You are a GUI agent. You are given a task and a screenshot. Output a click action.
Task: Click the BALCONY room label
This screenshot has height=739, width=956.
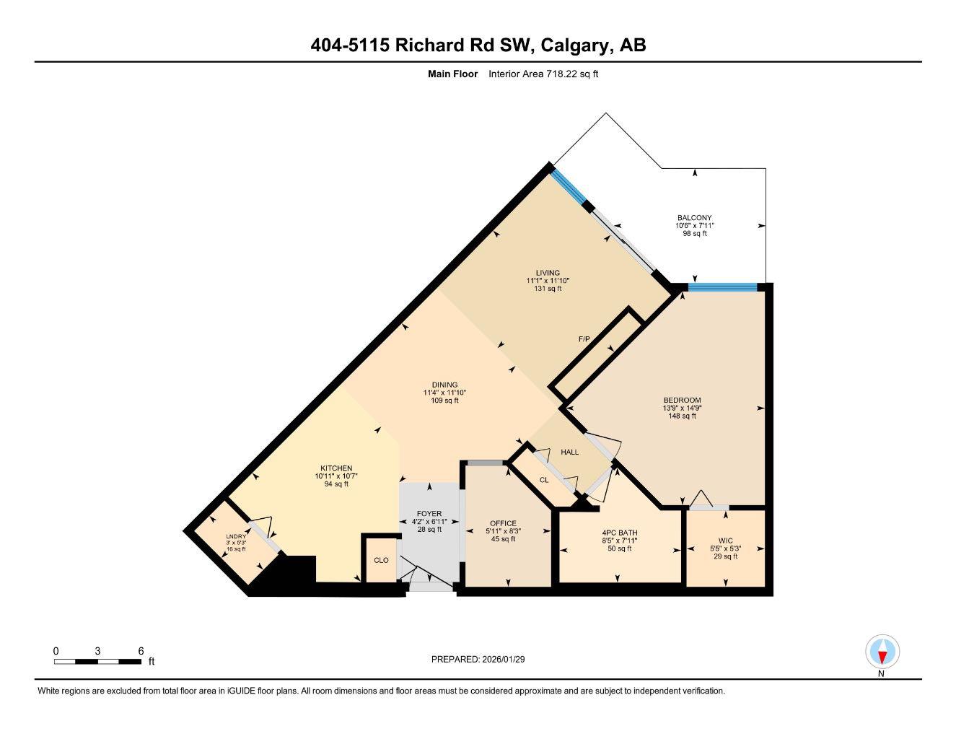pos(694,218)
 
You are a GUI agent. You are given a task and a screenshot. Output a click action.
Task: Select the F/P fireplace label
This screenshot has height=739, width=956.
pos(584,338)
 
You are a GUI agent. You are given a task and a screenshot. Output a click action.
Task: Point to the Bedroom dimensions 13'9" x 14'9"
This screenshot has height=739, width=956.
pos(682,408)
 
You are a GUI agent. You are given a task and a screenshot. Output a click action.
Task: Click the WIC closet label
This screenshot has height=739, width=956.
pos(725,540)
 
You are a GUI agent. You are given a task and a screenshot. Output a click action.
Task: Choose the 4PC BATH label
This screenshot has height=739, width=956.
pos(620,533)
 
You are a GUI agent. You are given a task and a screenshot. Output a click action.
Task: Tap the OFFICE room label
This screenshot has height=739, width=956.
pos(503,523)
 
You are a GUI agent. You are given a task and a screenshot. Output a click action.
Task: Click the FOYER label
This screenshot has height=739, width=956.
pos(429,514)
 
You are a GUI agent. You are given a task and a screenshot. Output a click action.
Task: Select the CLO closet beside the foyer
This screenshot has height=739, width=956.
pos(381,560)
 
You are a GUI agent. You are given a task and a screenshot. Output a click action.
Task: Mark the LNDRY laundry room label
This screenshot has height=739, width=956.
pos(236,536)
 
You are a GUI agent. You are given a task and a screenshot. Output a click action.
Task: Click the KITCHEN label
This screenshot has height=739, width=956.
pos(336,468)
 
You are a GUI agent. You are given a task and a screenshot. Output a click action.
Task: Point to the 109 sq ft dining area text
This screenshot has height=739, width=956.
pos(445,401)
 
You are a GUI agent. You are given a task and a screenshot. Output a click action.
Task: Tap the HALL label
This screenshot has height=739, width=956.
pos(570,452)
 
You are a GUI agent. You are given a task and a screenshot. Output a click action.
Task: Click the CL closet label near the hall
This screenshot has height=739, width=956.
pos(544,479)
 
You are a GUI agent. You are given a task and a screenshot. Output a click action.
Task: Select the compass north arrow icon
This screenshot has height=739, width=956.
pos(882,653)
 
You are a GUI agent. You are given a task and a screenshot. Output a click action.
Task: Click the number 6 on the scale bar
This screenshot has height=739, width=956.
pos(141,650)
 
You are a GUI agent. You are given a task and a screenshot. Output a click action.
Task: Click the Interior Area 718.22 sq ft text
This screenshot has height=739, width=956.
pos(543,74)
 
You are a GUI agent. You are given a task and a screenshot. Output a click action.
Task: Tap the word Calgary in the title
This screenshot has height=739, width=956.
pos(573,45)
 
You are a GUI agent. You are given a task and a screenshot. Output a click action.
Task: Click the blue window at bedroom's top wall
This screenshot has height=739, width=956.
pos(722,287)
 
